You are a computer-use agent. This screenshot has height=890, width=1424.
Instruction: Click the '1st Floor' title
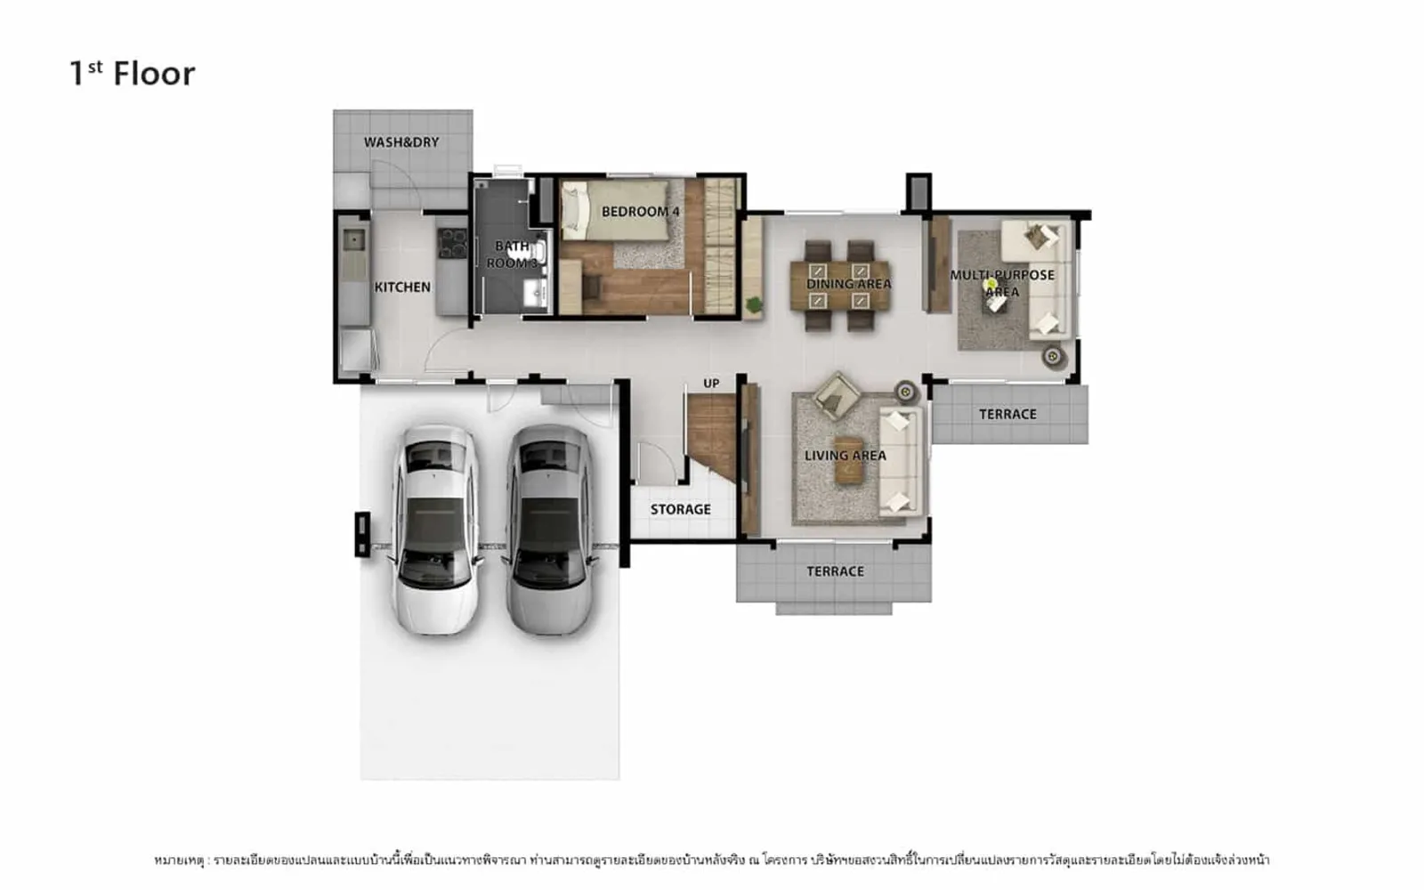tap(133, 73)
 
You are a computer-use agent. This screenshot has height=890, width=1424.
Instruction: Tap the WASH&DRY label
tap(401, 142)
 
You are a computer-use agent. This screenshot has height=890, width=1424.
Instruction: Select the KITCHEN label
tap(402, 287)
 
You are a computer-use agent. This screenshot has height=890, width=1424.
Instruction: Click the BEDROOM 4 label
tap(641, 212)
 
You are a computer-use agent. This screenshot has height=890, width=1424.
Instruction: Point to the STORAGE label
tap(680, 509)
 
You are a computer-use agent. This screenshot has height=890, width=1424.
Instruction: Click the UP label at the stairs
tap(711, 384)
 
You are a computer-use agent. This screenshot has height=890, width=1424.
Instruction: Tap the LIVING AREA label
tap(845, 456)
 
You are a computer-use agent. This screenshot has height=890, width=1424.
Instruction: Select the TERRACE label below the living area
tap(836, 571)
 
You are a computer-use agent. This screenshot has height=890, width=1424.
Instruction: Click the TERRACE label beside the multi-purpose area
tap(1007, 415)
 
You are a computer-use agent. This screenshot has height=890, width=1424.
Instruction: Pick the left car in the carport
tap(436, 530)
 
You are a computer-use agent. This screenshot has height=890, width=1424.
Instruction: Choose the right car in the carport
tap(550, 530)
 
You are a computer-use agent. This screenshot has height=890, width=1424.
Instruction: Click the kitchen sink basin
tap(352, 239)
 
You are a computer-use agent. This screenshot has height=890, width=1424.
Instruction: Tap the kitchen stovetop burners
tap(452, 243)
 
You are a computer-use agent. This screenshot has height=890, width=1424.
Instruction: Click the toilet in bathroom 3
tap(533, 252)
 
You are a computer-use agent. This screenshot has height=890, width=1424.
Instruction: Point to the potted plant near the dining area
tap(754, 305)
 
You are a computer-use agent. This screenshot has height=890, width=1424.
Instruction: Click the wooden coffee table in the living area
tap(848, 460)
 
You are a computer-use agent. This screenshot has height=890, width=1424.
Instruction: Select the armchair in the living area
tap(837, 395)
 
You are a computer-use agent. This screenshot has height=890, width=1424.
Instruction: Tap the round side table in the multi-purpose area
tap(1053, 357)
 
